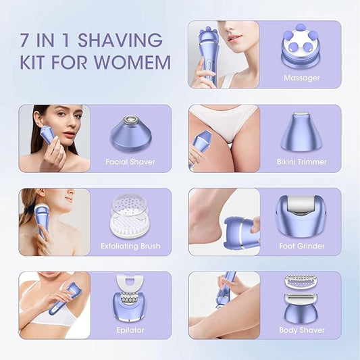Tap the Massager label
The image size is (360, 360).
[301, 78]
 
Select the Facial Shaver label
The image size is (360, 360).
[130, 162]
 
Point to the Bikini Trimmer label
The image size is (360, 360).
[301, 162]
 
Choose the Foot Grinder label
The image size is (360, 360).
[301, 246]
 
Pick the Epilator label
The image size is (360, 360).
[130, 330]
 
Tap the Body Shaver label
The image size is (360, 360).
[301, 330]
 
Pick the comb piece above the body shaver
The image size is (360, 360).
[301, 280]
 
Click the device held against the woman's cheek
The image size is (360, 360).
[48, 136]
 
